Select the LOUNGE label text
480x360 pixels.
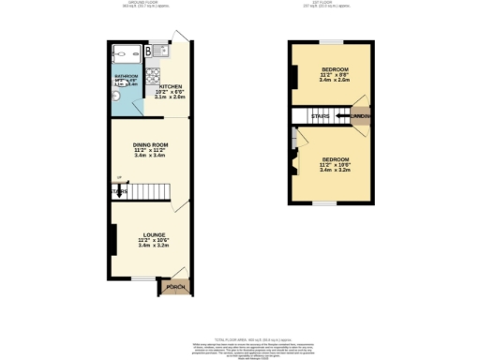tap(155, 234)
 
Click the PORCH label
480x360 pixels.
tap(174, 286)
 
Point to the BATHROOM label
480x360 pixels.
tap(126, 76)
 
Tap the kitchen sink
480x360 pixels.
tap(161, 48)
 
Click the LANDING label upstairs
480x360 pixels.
tap(360, 116)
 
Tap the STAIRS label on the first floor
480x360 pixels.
tap(321, 116)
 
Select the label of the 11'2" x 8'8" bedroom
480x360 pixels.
tap(335, 69)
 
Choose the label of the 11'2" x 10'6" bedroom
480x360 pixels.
tap(334, 159)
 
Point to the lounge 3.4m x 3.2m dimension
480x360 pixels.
tap(154, 246)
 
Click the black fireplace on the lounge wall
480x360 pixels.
tap(112, 238)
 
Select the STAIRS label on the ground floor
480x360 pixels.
tap(119, 191)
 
